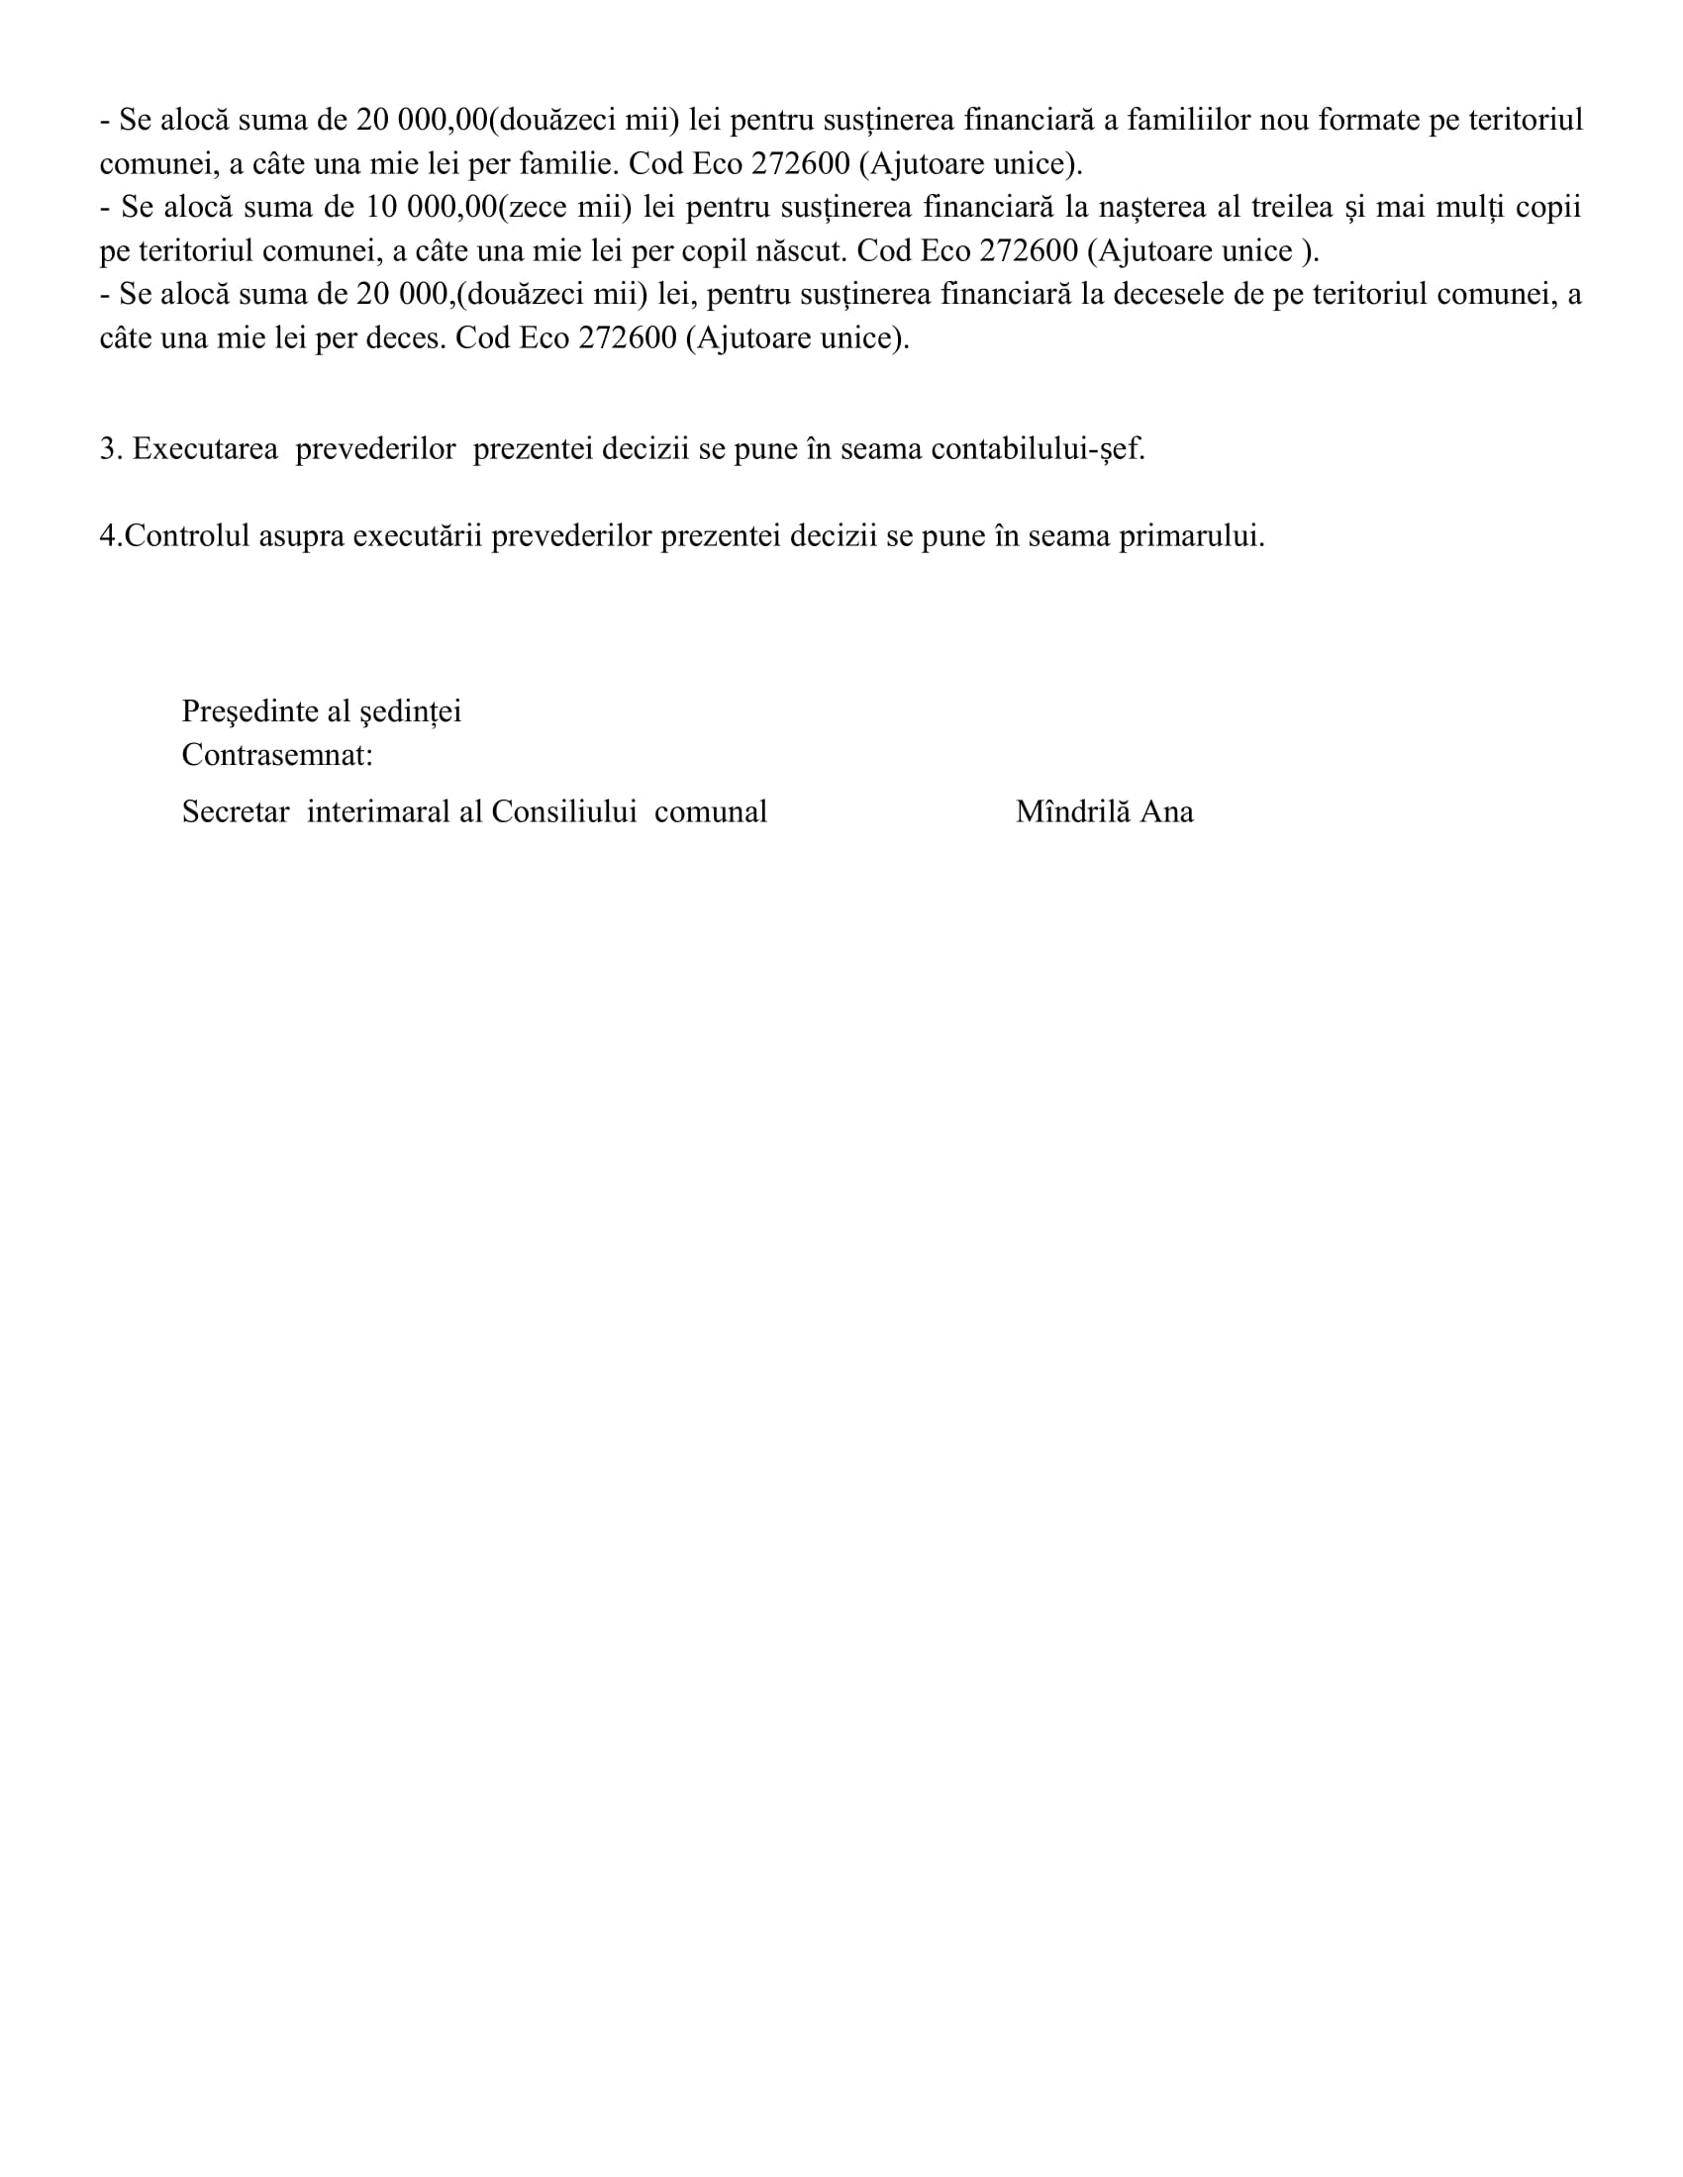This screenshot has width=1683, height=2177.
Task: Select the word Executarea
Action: tap(205, 449)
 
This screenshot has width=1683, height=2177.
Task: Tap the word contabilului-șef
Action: tap(1038, 449)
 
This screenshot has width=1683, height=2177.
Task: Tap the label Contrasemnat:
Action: tap(277, 756)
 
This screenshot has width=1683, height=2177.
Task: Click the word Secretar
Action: tap(236, 812)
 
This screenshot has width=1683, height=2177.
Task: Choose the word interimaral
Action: tap(378, 812)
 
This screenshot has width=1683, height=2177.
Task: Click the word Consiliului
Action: tap(563, 812)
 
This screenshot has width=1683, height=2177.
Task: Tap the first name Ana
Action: tap(1166, 812)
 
